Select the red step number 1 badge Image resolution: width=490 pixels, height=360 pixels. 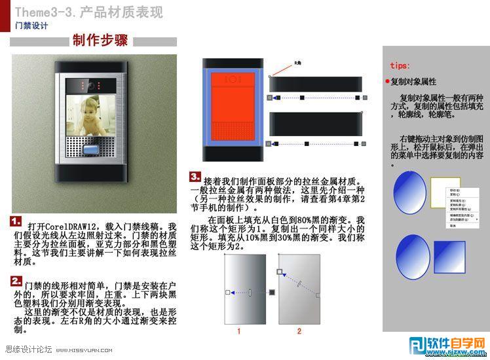click(17, 221)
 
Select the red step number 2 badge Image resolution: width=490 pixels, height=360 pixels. click(17, 280)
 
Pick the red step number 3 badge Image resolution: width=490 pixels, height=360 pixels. click(195, 177)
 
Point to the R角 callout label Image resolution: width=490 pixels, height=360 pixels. click(297, 63)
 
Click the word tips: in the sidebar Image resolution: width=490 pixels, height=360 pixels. click(400, 66)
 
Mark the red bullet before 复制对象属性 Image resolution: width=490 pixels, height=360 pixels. click(388, 82)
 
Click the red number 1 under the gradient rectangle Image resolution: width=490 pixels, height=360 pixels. click(239, 331)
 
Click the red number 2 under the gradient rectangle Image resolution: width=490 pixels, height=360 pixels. click(299, 331)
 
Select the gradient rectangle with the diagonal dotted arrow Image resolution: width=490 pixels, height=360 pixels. click(299, 288)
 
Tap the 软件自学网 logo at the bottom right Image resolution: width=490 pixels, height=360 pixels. click(447, 346)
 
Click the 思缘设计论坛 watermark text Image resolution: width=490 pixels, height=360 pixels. click(28, 350)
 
